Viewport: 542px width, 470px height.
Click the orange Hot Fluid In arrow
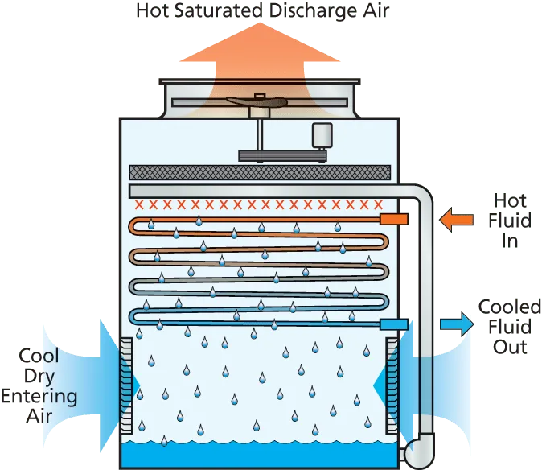456,220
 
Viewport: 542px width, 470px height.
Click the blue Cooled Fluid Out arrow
457,324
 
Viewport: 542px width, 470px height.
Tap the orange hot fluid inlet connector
394,219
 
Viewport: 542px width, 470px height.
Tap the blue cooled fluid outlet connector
394,324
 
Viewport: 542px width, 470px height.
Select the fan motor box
322,135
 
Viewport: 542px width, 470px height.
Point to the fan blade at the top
257,101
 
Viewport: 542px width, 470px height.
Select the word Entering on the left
39,397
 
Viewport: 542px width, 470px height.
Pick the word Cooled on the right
510,307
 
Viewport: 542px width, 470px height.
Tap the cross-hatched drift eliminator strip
260,172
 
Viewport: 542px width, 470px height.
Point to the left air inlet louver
126,385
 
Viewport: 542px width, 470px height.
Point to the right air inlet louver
392,385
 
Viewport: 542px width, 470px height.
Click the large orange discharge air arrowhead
260,42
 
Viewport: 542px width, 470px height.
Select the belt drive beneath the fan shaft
283,156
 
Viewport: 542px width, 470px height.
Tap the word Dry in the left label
39,377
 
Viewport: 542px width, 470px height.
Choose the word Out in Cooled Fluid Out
510,347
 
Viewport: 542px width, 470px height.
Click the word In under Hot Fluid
510,241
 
